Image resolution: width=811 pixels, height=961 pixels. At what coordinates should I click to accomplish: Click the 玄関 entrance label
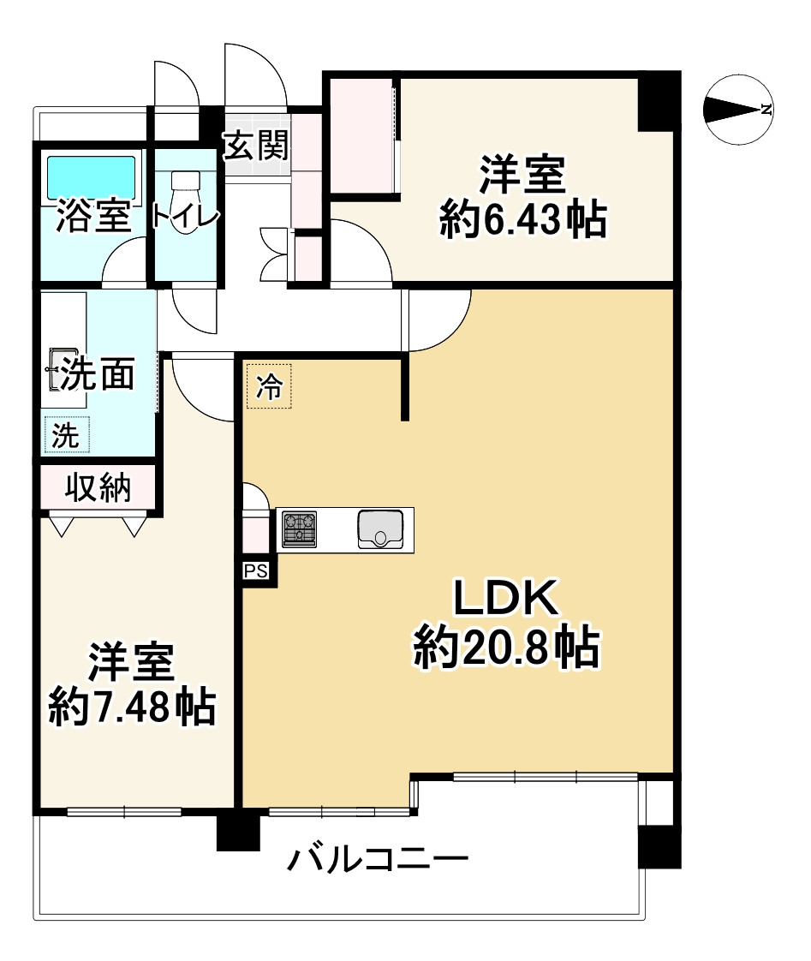(x=255, y=146)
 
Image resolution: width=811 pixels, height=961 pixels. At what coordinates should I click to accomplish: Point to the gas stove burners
(x=299, y=528)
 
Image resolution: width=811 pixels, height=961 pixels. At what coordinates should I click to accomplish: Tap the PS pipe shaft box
(x=256, y=571)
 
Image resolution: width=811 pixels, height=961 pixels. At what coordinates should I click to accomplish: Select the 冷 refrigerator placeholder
(x=270, y=386)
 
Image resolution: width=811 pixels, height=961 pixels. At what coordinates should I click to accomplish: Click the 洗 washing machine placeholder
(x=66, y=435)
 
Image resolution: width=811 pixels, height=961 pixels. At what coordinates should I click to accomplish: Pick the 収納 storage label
(x=98, y=487)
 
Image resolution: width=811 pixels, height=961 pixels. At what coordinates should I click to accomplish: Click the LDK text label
(x=505, y=600)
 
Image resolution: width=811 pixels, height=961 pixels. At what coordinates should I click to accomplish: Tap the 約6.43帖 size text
(x=522, y=221)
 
